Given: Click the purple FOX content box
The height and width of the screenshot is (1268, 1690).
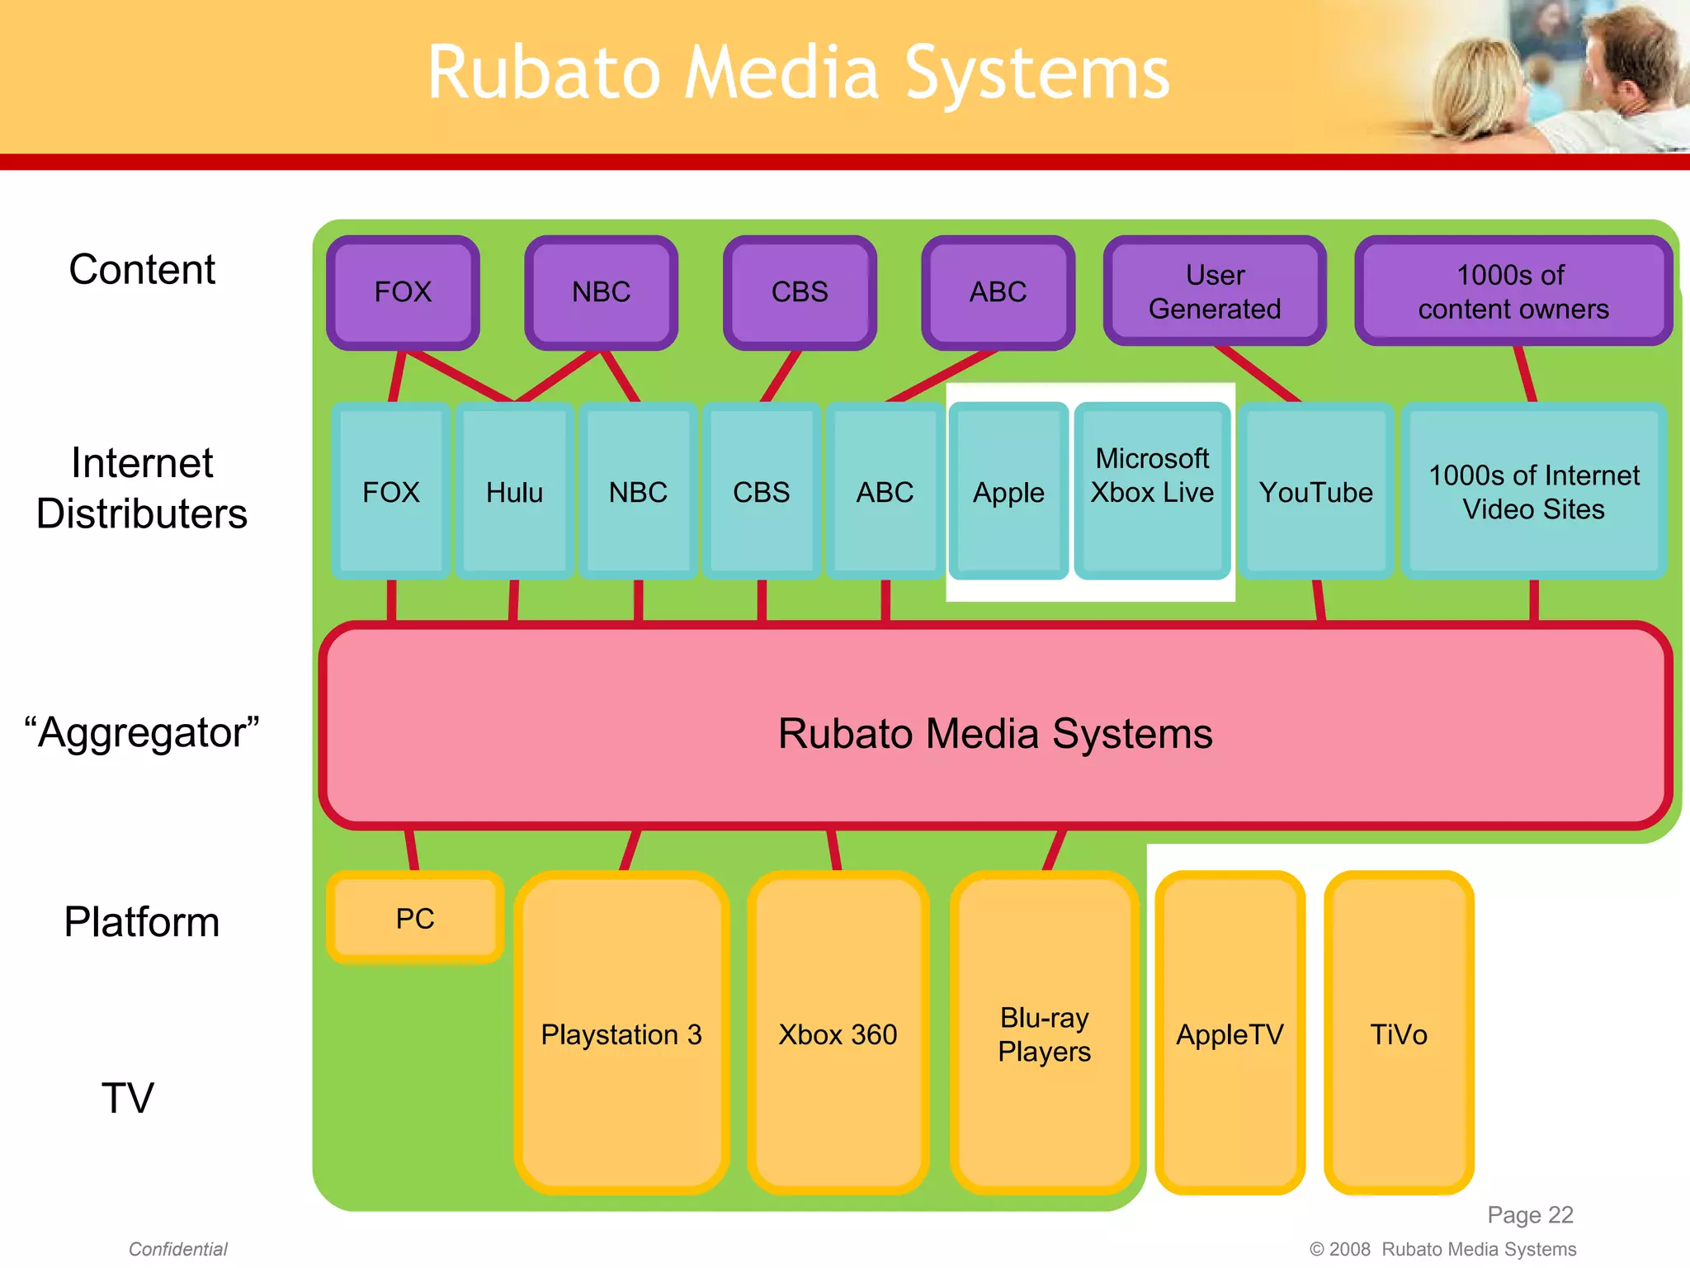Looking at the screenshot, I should click(403, 292).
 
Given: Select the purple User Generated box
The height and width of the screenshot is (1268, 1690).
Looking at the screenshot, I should click(1214, 291).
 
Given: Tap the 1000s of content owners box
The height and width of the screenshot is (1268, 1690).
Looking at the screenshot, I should click(1513, 291).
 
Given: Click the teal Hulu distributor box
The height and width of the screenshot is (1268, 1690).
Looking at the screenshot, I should click(514, 492).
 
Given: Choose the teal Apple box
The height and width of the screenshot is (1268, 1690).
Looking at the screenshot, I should click(1008, 492).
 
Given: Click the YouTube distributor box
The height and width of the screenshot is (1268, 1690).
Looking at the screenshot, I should click(1315, 492).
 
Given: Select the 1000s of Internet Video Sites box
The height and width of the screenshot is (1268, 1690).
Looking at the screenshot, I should click(1533, 492).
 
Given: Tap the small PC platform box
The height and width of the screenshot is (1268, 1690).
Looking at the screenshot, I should click(415, 918).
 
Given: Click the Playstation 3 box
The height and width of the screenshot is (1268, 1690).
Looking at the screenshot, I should click(621, 1034).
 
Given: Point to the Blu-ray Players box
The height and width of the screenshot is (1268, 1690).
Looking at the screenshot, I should click(1044, 1034).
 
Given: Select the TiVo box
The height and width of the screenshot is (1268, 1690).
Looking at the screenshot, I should click(1398, 1034).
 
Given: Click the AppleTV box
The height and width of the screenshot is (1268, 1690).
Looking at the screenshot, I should click(1230, 1034).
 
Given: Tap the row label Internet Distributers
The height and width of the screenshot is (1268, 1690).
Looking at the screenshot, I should click(142, 488).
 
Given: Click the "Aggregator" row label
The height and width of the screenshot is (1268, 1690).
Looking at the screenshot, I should click(142, 732).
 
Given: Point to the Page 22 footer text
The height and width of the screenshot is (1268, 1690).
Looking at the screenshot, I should click(1530, 1214).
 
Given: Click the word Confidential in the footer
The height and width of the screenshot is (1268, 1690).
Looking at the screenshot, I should click(177, 1249).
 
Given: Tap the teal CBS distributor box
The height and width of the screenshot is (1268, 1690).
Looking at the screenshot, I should click(761, 492).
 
